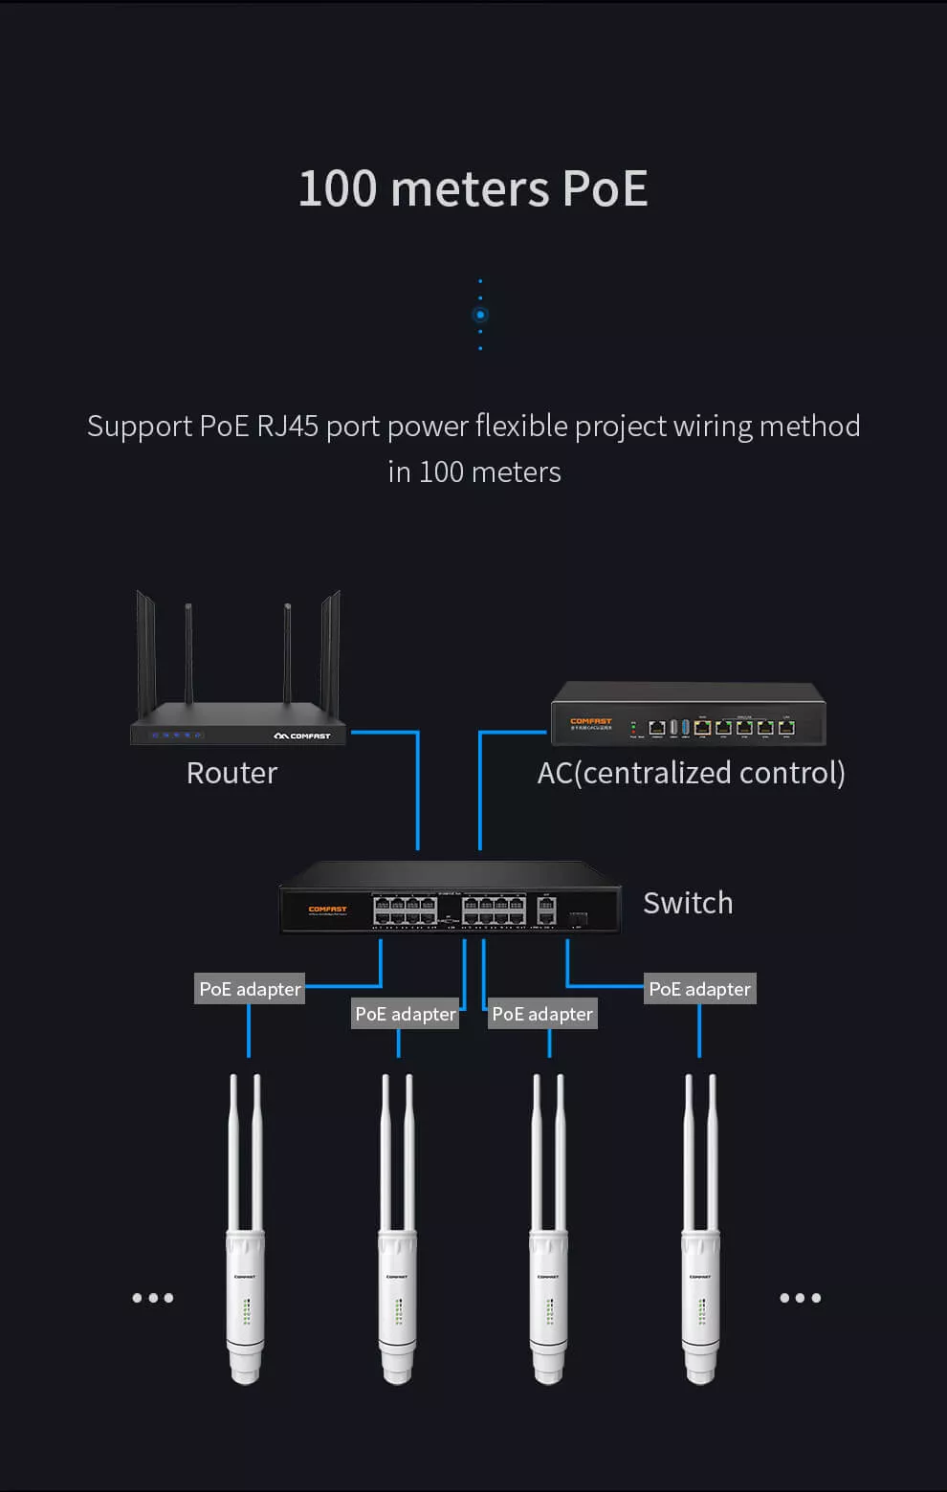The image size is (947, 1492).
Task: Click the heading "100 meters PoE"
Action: [473, 188]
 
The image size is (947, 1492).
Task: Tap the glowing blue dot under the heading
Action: [480, 315]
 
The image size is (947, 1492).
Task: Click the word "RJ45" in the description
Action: [287, 426]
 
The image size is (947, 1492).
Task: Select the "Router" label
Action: [231, 773]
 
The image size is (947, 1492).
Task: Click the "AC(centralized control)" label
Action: [691, 773]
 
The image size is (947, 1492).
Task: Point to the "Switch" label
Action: [688, 903]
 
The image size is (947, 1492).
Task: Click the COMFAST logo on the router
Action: [302, 735]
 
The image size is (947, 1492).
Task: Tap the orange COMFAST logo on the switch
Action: [327, 910]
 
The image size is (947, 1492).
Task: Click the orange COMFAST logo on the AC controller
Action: [590, 721]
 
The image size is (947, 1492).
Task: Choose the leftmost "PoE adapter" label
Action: [250, 989]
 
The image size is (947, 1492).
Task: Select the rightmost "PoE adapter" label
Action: [699, 989]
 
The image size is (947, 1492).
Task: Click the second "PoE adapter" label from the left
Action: [405, 1014]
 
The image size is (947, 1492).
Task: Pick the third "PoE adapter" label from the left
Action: [542, 1014]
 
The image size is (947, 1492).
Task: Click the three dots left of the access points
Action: [153, 1298]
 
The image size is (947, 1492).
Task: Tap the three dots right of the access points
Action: [800, 1298]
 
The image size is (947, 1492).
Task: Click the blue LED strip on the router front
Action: [176, 735]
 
